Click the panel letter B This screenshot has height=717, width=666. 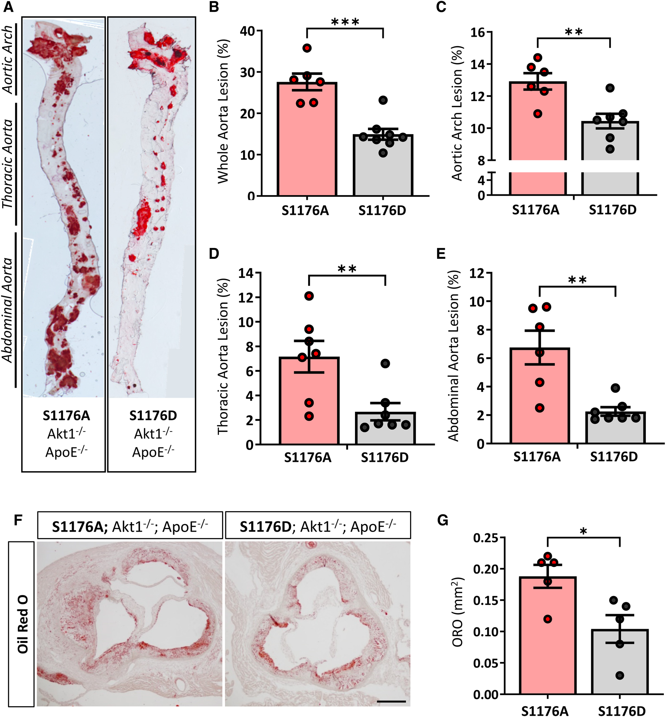[214, 7]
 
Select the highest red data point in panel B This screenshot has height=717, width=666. [307, 48]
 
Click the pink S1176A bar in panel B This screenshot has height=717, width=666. [307, 144]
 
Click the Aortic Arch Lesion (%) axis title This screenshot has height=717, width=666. [456, 113]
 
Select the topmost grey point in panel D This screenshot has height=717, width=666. [385, 364]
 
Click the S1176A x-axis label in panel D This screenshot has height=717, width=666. [308, 457]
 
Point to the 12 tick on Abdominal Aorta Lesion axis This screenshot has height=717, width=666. [476, 274]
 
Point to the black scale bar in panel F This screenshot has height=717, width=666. [391, 702]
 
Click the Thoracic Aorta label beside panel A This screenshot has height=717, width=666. [8, 164]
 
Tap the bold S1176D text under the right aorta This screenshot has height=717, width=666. [153, 416]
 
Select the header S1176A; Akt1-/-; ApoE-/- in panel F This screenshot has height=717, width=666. [130, 527]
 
